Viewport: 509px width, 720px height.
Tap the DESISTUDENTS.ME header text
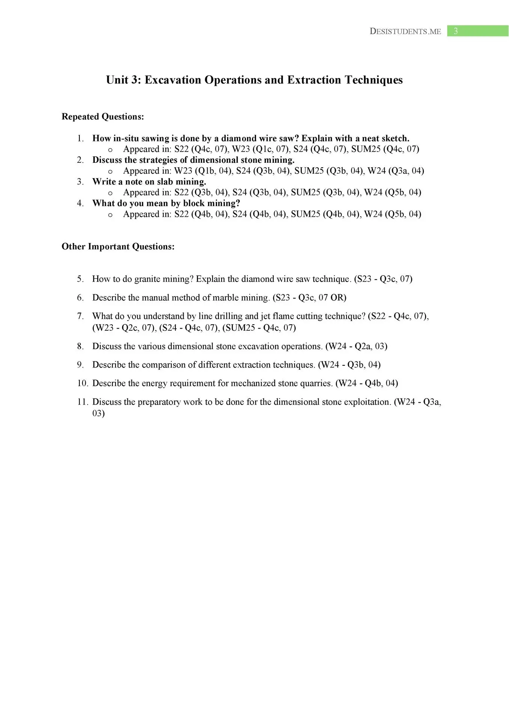405,31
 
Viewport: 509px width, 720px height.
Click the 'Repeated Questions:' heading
103,117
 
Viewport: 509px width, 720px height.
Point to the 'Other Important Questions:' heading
118,246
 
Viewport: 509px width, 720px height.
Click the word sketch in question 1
395,138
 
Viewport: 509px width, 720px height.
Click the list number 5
80,279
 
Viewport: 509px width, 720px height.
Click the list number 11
82,402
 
